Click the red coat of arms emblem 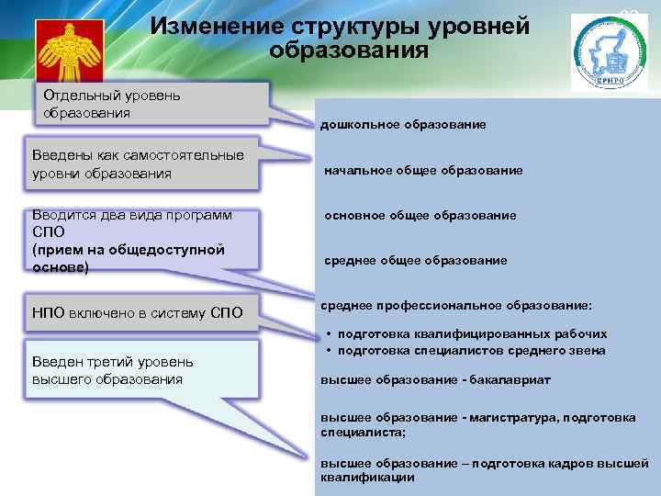[68, 52]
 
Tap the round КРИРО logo [607, 53]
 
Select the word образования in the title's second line [349, 49]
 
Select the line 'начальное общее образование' [423, 170]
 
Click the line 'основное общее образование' [420, 215]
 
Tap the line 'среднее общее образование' [415, 261]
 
